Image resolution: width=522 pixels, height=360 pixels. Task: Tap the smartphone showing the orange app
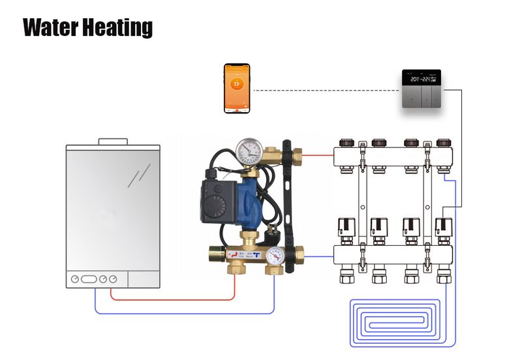point(237,88)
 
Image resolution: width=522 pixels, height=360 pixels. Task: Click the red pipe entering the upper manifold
point(318,155)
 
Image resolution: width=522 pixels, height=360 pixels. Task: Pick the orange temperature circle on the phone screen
point(237,84)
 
